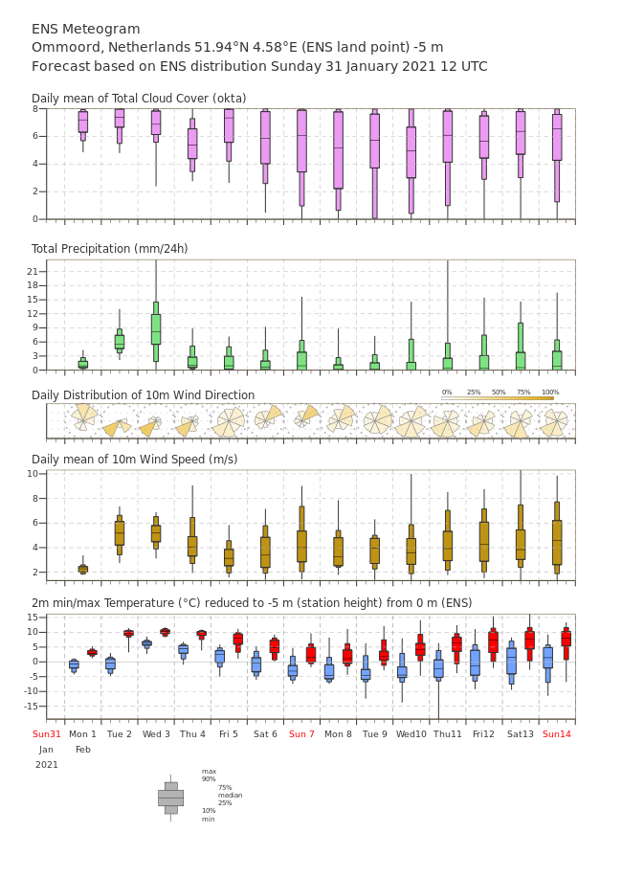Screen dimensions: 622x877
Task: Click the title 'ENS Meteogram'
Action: click(85, 29)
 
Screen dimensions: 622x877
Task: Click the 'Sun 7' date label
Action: click(301, 733)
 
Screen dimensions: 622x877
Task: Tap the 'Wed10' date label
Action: click(411, 733)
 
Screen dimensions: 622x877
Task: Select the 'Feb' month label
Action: click(82, 750)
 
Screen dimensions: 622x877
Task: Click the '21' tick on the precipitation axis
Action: click(33, 271)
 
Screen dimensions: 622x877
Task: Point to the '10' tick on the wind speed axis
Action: click(33, 474)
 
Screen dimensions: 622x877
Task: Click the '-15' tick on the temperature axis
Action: click(31, 706)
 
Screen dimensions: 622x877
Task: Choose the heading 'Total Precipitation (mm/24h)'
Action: click(109, 248)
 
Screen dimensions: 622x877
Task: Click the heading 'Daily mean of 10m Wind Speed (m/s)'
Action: click(135, 460)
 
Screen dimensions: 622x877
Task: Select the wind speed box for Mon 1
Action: click(82, 570)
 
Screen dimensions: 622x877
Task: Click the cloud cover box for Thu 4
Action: click(192, 145)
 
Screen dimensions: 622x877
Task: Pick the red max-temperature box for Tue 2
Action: click(128, 633)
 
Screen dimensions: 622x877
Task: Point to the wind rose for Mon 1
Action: click(84, 417)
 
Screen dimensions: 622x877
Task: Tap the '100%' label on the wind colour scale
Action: click(550, 393)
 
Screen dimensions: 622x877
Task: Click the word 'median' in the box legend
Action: click(231, 795)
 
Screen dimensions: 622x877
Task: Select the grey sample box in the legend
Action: click(171, 798)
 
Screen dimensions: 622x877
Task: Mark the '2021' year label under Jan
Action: click(46, 765)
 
